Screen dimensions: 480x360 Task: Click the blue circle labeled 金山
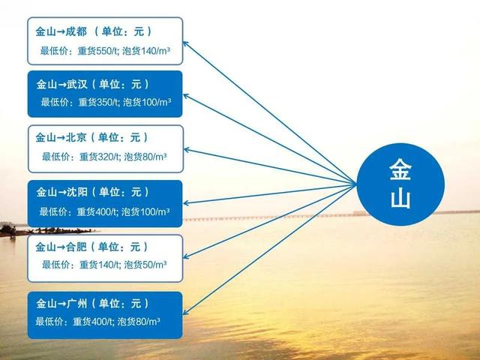400,184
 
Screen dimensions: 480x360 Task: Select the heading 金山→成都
61,31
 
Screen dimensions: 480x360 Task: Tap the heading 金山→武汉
61,84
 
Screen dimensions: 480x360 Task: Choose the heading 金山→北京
61,138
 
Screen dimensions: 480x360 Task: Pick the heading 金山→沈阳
61,192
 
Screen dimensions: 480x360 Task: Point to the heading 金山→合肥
61,247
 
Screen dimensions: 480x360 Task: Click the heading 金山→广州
61,304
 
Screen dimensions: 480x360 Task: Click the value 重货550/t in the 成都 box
97,51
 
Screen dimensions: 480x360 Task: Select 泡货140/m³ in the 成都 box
146,51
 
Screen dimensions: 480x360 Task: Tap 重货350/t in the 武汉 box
98,102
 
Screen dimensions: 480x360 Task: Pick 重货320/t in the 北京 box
100,157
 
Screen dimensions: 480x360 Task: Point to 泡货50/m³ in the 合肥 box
145,265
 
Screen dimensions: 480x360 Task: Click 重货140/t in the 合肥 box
100,265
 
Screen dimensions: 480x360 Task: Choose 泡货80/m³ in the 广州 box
139,322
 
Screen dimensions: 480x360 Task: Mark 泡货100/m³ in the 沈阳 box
145,211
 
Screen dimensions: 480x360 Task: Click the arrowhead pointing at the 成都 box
185,43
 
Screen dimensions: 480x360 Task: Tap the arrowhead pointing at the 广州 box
185,312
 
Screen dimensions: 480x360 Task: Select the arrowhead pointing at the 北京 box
186,150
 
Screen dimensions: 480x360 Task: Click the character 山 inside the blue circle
400,199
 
